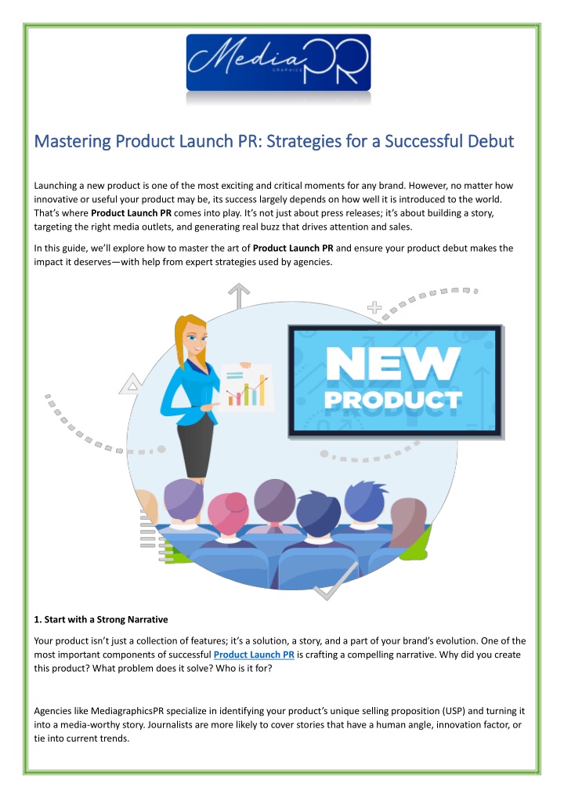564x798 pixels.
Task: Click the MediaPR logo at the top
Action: [278, 62]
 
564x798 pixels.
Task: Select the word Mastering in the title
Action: [72, 141]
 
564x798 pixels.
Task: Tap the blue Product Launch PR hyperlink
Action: [254, 655]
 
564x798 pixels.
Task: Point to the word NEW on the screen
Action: [393, 364]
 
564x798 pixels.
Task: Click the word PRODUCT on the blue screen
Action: [393, 400]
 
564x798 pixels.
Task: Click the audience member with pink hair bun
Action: [229, 513]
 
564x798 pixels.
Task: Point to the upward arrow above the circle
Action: [238, 296]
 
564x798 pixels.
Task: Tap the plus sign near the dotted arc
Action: [374, 307]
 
